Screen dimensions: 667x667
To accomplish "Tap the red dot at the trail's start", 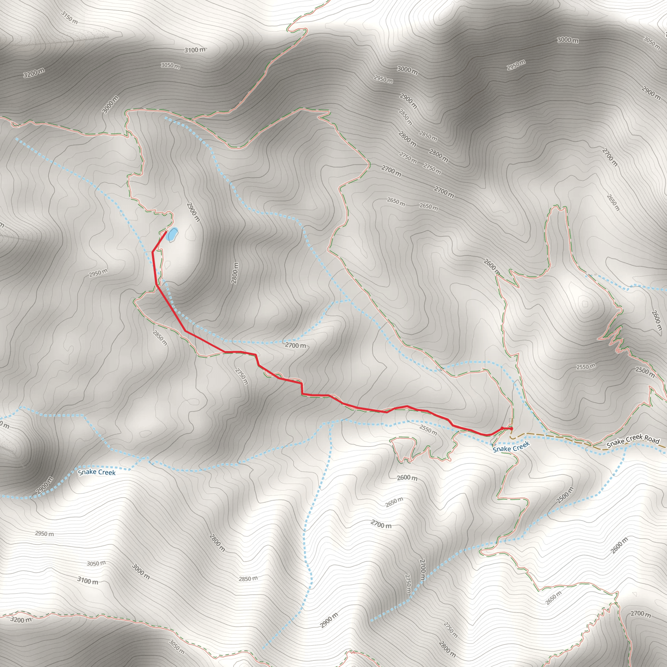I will point(511,429).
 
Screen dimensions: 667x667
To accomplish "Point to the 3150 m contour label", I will point(69,17).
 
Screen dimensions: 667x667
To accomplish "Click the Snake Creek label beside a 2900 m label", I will point(97,472).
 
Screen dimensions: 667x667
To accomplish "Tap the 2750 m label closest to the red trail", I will point(241,376).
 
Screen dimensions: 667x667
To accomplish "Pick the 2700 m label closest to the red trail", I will point(295,345).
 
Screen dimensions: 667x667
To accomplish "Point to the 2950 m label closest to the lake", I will point(98,273).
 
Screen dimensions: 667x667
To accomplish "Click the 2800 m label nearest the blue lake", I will point(235,273).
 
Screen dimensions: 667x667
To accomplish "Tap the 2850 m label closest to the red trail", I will point(160,338).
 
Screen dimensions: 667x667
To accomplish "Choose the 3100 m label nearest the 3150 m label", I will point(195,50).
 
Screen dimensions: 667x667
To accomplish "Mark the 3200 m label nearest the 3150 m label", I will point(34,73).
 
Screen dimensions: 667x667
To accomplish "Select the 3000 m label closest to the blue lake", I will point(110,104).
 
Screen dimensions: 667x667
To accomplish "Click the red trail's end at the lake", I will point(166,232).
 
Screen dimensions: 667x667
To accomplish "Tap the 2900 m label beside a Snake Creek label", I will point(45,485).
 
